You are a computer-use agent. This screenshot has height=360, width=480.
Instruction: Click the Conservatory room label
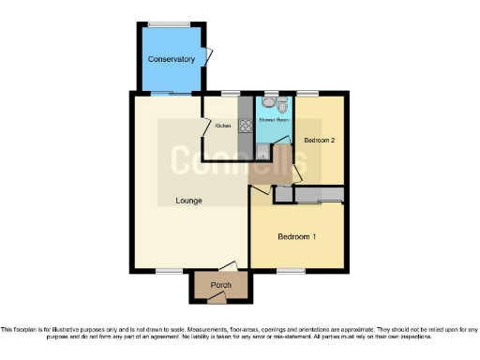tap(172, 59)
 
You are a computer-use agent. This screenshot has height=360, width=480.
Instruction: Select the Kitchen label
tap(223, 126)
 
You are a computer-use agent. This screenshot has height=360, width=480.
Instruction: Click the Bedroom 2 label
tap(320, 141)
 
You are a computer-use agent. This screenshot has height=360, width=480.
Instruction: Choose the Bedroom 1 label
tap(296, 236)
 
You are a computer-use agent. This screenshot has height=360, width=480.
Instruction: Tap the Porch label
tap(220, 285)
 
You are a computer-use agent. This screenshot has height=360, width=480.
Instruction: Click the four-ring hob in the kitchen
tap(245, 126)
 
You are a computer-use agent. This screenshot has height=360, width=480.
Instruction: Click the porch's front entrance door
tap(219, 298)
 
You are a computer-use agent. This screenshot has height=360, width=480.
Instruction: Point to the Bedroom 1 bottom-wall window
tap(291, 273)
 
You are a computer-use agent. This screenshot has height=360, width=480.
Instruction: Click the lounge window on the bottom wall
tap(170, 272)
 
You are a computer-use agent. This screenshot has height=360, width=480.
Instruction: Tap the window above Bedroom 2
tap(308, 92)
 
